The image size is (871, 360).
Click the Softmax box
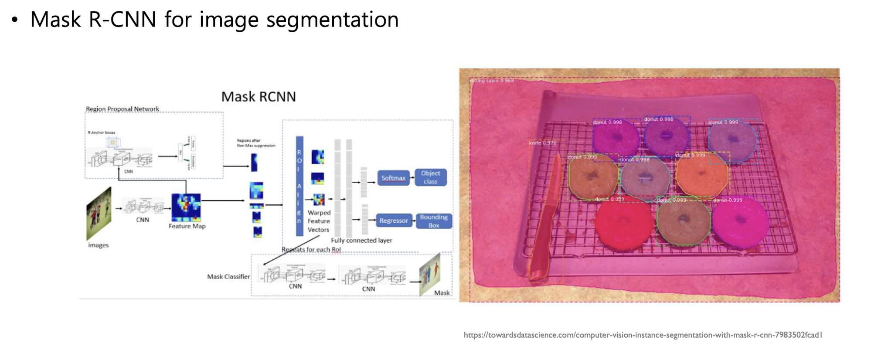(393, 178)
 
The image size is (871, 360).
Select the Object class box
(430, 177)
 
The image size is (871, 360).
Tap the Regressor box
(393, 221)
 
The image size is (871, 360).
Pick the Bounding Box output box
(433, 221)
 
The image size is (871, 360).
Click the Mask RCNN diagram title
(259, 97)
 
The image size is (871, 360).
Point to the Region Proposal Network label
(122, 109)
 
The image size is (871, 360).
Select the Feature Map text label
(187, 226)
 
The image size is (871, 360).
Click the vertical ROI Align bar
(299, 186)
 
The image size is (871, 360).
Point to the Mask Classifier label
(228, 277)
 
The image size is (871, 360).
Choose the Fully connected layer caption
(361, 241)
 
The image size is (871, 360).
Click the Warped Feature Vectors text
(319, 221)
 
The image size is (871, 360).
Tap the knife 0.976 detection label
(542, 143)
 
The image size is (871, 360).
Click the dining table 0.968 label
(492, 81)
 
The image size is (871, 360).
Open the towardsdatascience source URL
(643, 335)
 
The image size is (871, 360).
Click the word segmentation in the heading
(332, 20)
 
